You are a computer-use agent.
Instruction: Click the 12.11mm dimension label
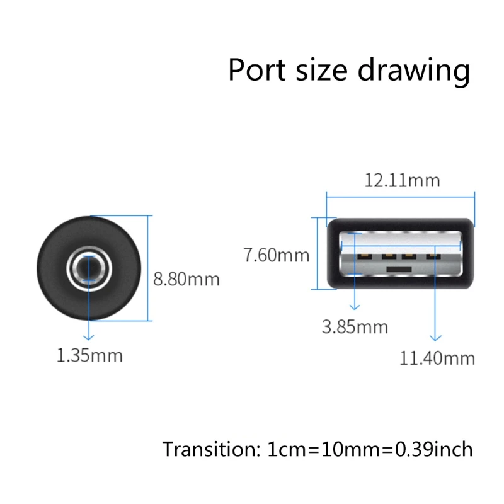point(401,181)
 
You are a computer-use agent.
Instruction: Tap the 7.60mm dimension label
point(277,255)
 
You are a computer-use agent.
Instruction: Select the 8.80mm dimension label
point(186,278)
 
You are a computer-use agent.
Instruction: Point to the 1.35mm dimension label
point(89,355)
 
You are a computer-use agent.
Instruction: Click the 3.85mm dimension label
point(355,327)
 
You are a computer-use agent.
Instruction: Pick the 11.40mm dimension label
point(437,358)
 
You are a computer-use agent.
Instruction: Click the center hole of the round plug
point(88,267)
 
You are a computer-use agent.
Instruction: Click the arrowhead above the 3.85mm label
point(355,307)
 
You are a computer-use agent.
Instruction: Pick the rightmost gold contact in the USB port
point(432,256)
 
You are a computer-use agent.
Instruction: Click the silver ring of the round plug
point(76,267)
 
